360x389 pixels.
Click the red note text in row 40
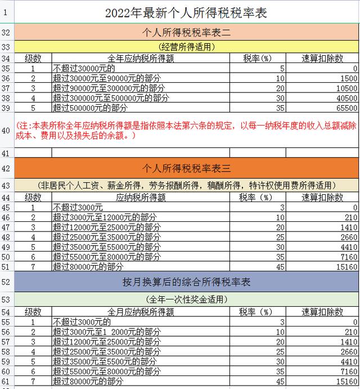[x=186, y=130]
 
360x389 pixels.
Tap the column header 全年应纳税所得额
[x=141, y=58]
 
